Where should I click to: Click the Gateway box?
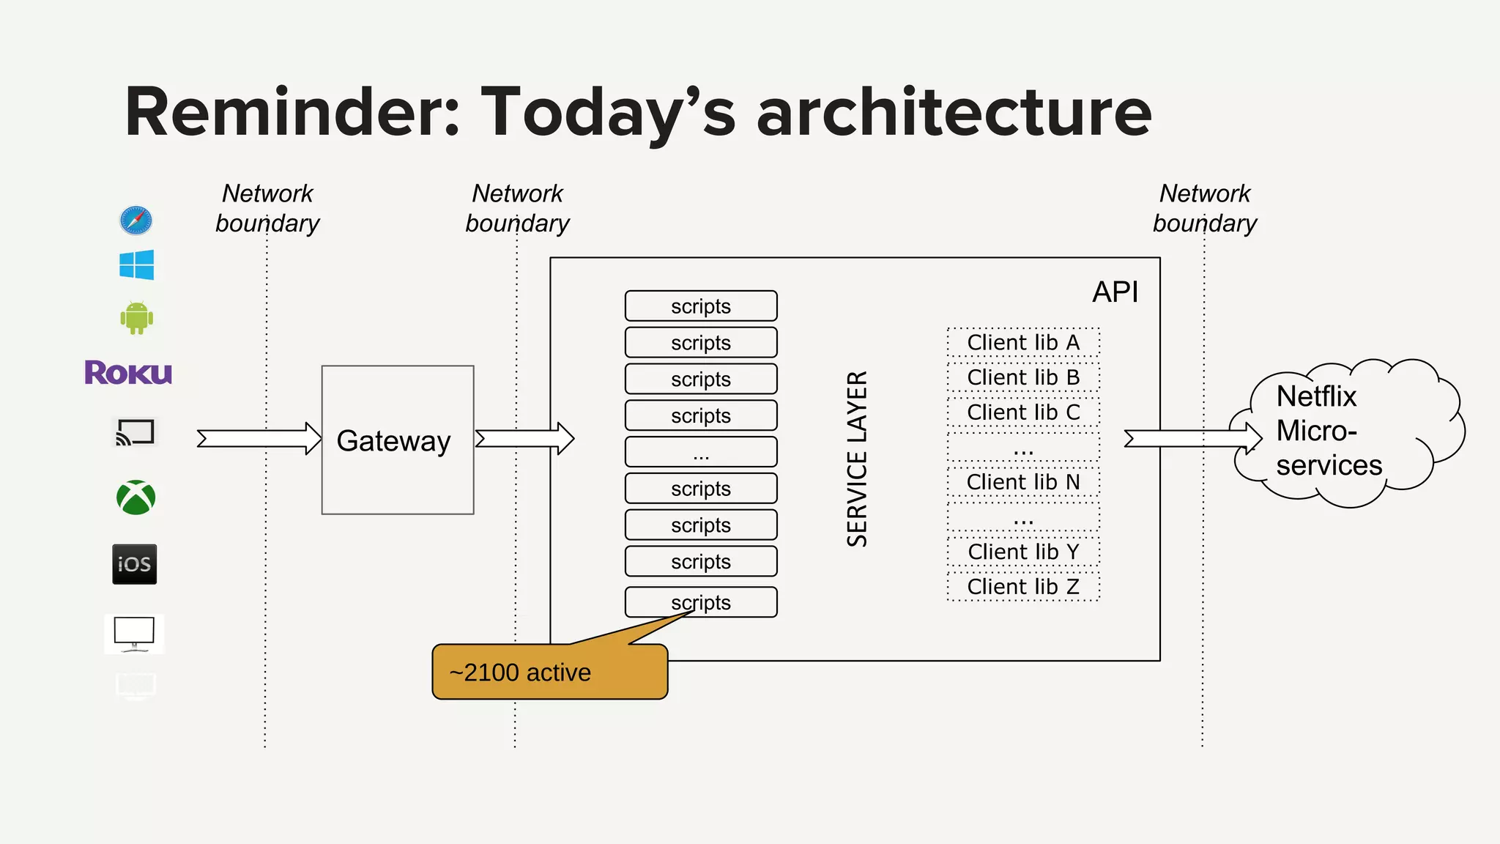click(398, 440)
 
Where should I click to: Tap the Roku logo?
click(128, 373)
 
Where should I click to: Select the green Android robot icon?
click(136, 318)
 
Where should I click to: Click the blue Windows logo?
click(137, 264)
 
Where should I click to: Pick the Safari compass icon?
click(136, 220)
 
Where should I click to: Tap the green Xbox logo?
click(136, 497)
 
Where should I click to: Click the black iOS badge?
click(135, 563)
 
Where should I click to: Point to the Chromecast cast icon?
click(135, 432)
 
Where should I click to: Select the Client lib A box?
click(1023, 342)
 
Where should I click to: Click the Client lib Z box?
click(1023, 587)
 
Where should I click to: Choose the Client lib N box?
click(1023, 482)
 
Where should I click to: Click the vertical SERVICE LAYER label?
click(857, 459)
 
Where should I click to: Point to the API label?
click(1115, 292)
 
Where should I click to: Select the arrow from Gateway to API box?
click(524, 439)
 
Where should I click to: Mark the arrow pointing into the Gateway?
click(259, 439)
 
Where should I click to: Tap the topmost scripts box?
click(701, 306)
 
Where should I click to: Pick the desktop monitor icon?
click(135, 633)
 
